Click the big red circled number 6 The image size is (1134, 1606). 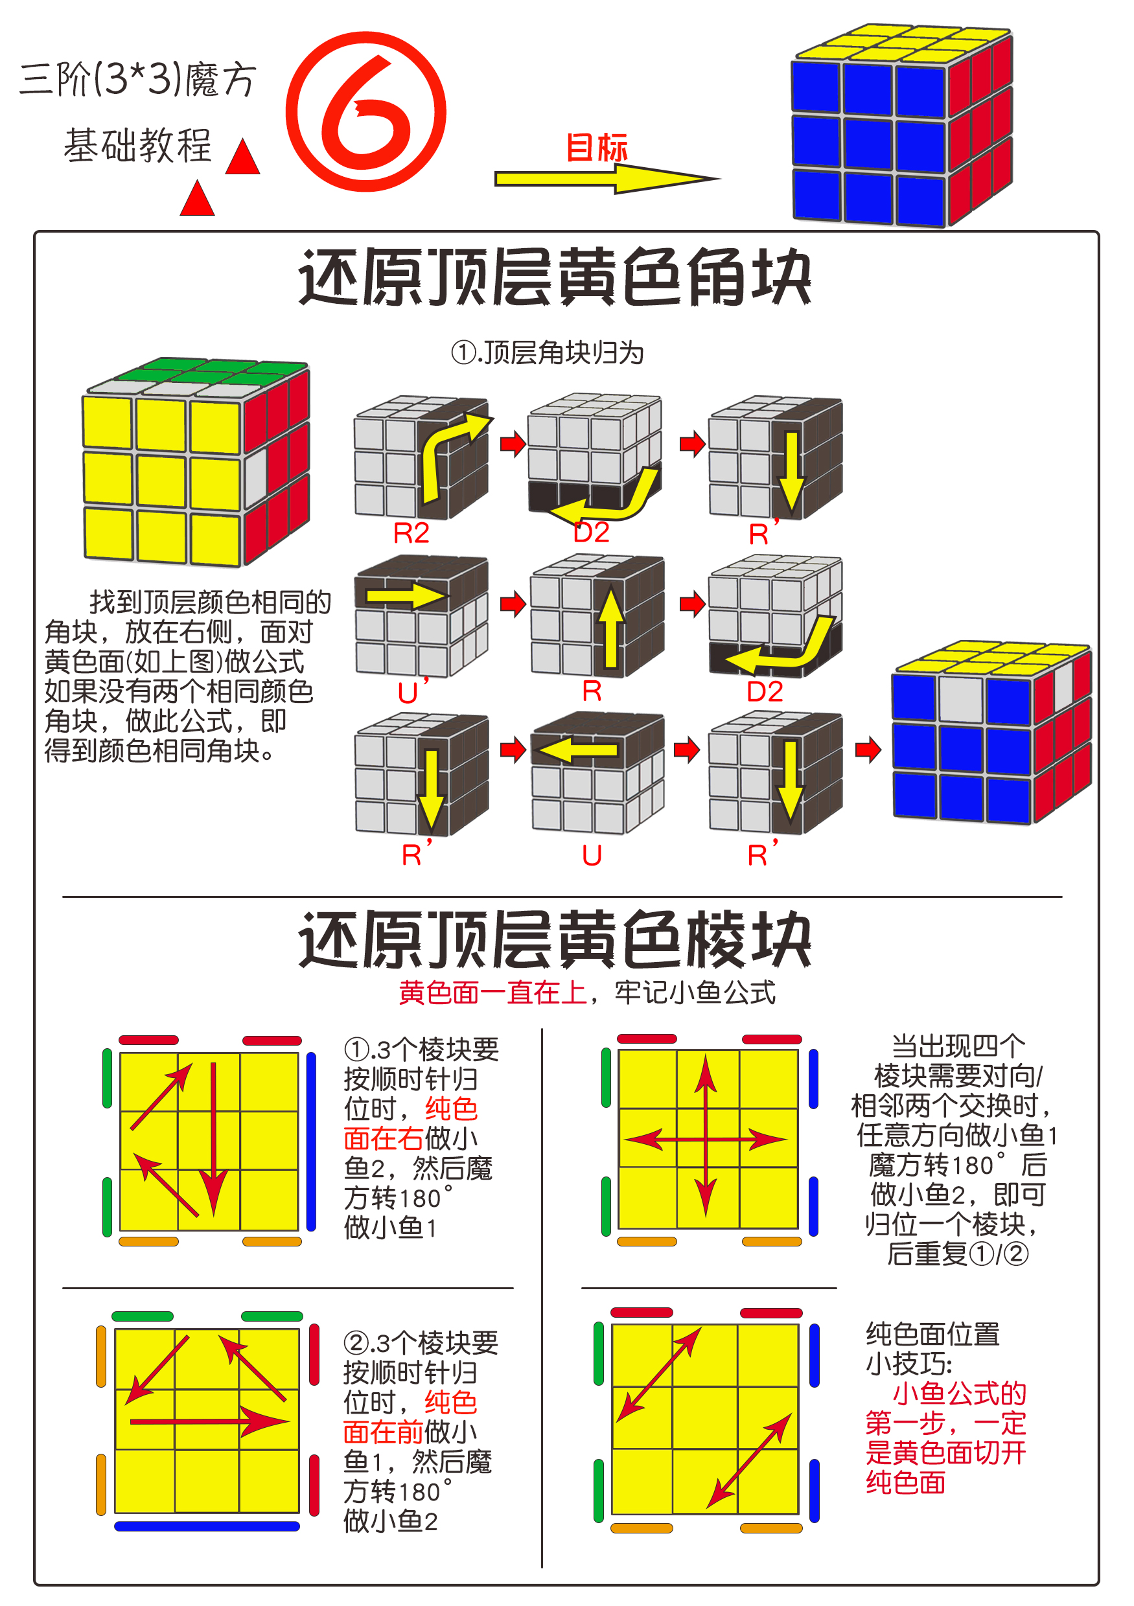tap(365, 112)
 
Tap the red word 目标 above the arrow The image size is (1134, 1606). tap(596, 148)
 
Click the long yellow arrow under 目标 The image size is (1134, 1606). tap(601, 179)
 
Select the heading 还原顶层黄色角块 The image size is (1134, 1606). tap(554, 278)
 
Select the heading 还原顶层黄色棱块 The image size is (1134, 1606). tap(554, 939)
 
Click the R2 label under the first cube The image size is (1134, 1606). tap(411, 534)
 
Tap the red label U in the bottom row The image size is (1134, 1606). tap(591, 855)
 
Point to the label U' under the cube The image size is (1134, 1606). tap(411, 693)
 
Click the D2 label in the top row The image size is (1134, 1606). tap(591, 533)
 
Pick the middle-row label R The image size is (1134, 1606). tap(591, 691)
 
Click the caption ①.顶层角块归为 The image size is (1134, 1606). tap(547, 352)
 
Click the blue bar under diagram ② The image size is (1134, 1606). tap(207, 1526)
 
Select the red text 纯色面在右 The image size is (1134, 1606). tap(411, 1124)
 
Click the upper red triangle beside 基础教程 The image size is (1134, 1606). tap(243, 157)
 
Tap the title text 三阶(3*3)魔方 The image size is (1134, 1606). tap(138, 79)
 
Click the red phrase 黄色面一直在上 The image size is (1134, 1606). tap(492, 992)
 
